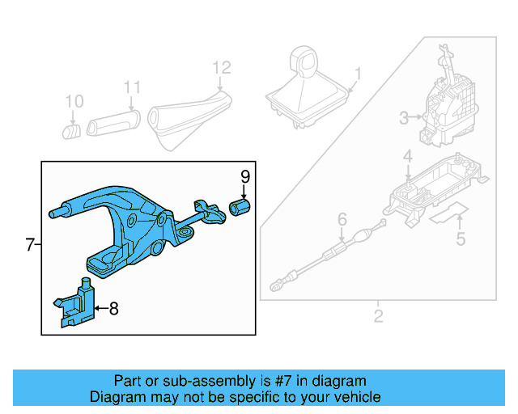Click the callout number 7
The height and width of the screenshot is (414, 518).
(29, 245)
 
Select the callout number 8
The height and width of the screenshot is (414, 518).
(113, 308)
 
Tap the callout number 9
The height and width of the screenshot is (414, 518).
(244, 176)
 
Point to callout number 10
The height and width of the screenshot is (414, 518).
(74, 102)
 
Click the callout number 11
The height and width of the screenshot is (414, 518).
(132, 87)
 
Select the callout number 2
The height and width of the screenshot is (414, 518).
(378, 315)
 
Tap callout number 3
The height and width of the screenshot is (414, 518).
(404, 120)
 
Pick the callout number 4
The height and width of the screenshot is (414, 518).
(409, 156)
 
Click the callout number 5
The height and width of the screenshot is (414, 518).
(461, 239)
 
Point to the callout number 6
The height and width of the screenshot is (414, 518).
(342, 218)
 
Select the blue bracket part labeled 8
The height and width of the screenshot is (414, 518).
(76, 304)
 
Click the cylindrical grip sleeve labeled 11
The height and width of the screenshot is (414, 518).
(113, 122)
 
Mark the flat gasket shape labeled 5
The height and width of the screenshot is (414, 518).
(448, 214)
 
